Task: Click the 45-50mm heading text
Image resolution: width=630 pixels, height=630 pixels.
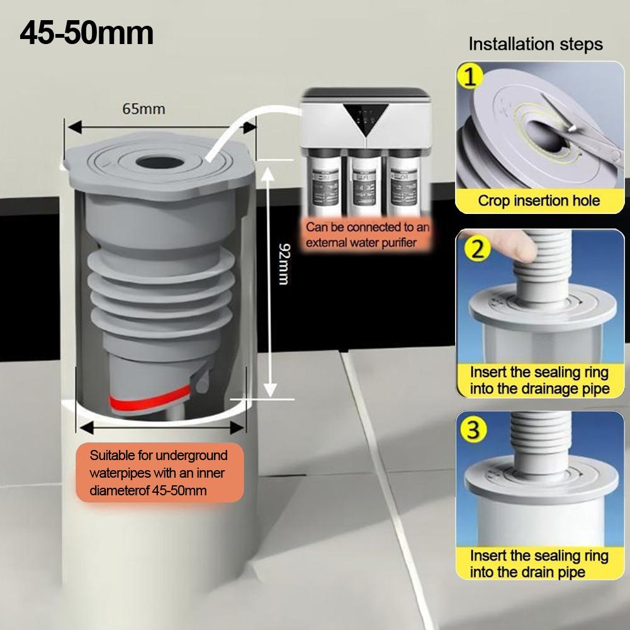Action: [x=86, y=33]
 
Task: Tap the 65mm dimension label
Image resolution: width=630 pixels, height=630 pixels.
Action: [x=143, y=109]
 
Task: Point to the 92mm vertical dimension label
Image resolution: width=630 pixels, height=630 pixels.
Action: [x=284, y=264]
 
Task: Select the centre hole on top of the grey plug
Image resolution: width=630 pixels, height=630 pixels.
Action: [x=159, y=163]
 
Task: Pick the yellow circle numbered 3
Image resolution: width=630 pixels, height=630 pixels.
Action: [x=474, y=429]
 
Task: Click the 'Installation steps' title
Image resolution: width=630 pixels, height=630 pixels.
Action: [x=536, y=44]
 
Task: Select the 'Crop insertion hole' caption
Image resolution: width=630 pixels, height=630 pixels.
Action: [x=539, y=201]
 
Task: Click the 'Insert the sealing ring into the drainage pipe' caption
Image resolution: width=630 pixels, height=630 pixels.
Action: [x=539, y=380]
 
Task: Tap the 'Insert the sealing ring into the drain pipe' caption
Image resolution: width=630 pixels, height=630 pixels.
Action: [x=539, y=563]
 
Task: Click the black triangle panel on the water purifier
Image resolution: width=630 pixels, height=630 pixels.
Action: [x=366, y=118]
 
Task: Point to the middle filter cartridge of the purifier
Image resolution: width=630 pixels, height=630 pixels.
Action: [x=364, y=182]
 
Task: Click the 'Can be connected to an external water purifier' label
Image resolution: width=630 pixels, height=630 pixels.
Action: [x=367, y=235]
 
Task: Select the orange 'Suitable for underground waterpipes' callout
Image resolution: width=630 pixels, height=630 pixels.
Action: [x=159, y=473]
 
